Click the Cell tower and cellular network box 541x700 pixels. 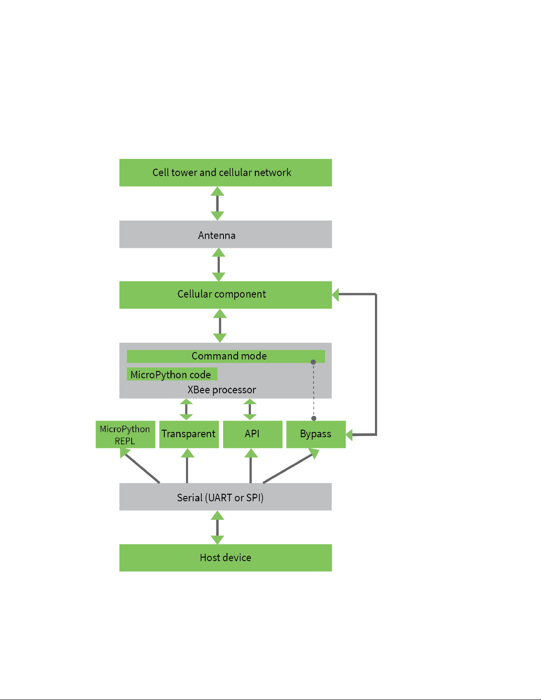click(x=225, y=172)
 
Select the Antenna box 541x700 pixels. click(x=225, y=234)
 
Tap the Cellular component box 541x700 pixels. click(x=225, y=295)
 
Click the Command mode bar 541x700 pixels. click(x=226, y=356)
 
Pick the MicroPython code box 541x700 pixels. click(x=172, y=374)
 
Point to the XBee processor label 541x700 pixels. click(x=222, y=390)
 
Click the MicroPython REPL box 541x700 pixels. click(x=125, y=434)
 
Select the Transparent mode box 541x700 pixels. click(x=189, y=434)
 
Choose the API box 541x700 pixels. click(x=253, y=434)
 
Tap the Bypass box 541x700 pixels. click(x=316, y=434)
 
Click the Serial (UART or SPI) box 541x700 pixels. click(x=225, y=496)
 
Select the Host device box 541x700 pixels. click(x=225, y=558)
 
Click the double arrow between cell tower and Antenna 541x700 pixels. click(x=217, y=204)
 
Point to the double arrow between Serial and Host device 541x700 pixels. click(x=217, y=527)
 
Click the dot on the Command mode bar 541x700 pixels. click(x=313, y=362)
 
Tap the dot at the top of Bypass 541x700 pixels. click(x=314, y=418)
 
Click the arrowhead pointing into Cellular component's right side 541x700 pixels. click(x=335, y=295)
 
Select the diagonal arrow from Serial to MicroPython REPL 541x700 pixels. click(x=140, y=465)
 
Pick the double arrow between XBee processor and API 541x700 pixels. click(x=250, y=409)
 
